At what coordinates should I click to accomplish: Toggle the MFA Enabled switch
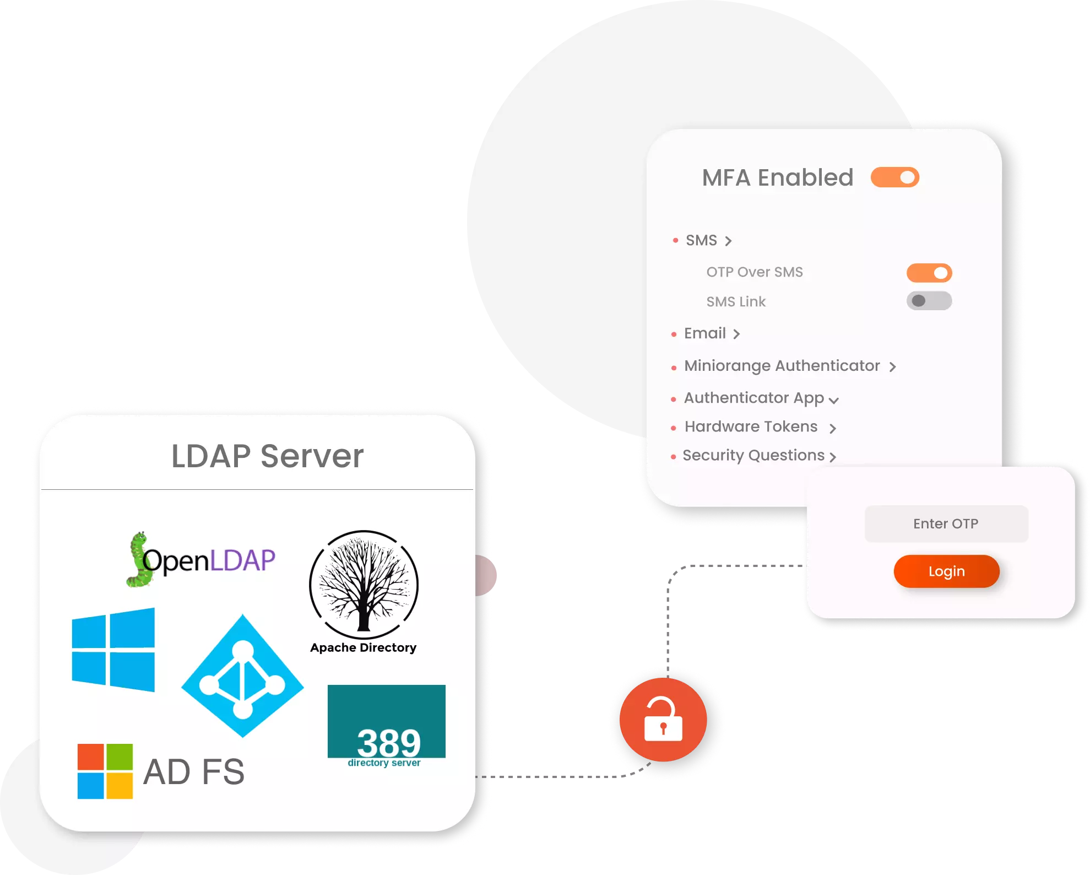point(894,177)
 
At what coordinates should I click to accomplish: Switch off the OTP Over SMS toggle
point(929,273)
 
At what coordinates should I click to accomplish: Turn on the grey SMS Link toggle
point(929,301)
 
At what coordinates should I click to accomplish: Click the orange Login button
point(946,571)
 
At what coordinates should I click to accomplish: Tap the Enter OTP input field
point(946,523)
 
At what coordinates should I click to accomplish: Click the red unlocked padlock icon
point(663,720)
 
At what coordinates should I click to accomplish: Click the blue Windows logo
point(113,650)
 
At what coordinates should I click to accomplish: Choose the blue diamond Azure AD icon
point(242,676)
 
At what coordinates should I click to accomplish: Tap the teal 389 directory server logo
point(386,725)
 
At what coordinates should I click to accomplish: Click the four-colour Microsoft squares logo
point(105,771)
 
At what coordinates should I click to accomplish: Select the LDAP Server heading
point(268,456)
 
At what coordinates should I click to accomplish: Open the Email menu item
point(705,333)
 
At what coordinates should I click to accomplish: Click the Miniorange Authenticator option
point(782,366)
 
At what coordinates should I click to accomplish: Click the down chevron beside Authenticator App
point(834,401)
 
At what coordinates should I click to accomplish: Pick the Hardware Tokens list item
point(751,426)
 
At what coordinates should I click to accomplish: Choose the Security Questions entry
point(753,455)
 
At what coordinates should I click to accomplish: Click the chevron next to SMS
point(728,241)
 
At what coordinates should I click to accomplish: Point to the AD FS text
point(194,771)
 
